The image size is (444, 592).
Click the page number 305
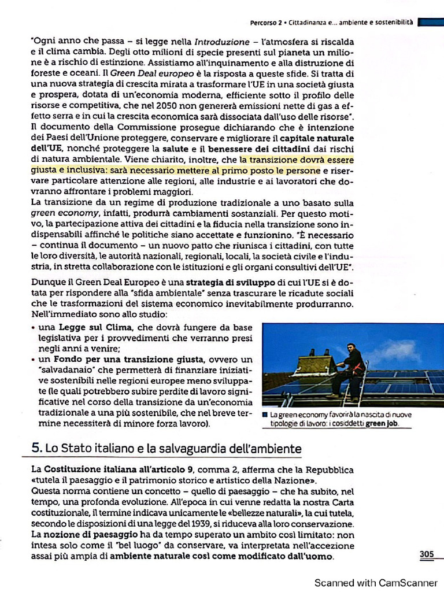(427, 554)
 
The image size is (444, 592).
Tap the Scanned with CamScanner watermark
(376, 582)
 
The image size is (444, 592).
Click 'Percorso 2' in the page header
(265, 23)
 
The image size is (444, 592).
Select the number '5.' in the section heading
(36, 448)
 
